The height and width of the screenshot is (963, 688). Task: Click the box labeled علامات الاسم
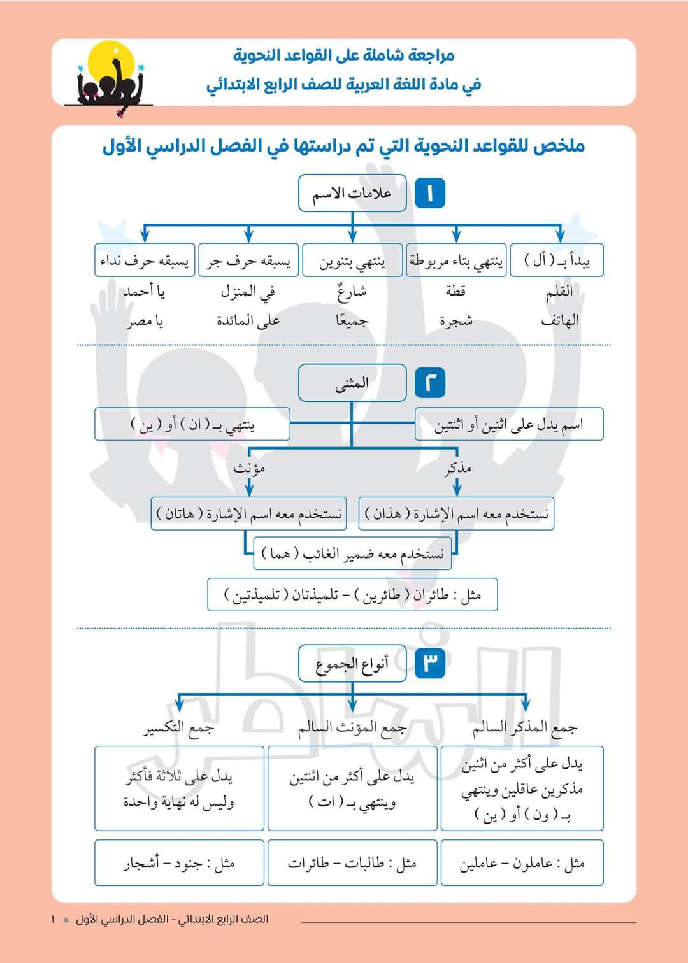pyautogui.click(x=352, y=193)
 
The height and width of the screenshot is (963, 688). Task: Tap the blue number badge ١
pyautogui.click(x=430, y=193)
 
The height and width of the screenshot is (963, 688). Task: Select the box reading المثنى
pyautogui.click(x=352, y=383)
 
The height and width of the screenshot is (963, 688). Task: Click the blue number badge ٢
pyautogui.click(x=430, y=383)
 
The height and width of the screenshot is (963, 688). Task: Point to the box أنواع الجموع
pyautogui.click(x=352, y=664)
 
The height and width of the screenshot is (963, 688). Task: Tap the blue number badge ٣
pyautogui.click(x=430, y=664)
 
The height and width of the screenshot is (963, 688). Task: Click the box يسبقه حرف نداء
pyautogui.click(x=145, y=260)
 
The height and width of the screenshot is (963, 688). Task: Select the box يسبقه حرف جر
pyautogui.click(x=248, y=260)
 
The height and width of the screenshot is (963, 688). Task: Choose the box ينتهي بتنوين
pyautogui.click(x=352, y=260)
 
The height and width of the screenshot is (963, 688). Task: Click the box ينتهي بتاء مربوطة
pyautogui.click(x=456, y=260)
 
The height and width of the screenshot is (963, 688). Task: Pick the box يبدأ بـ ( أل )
pyautogui.click(x=557, y=260)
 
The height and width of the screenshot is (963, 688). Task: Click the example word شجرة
pyautogui.click(x=456, y=321)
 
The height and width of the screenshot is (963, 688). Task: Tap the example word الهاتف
pyautogui.click(x=560, y=321)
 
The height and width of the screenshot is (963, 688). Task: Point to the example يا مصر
pyautogui.click(x=145, y=321)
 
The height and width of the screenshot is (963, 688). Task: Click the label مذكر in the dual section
pyautogui.click(x=457, y=468)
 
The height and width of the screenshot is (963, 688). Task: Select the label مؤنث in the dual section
pyautogui.click(x=249, y=468)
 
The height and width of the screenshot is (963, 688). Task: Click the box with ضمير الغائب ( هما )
pyautogui.click(x=352, y=553)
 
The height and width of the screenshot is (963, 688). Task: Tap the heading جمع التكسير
pyautogui.click(x=178, y=727)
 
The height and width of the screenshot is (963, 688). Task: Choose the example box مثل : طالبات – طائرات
pyautogui.click(x=352, y=863)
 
